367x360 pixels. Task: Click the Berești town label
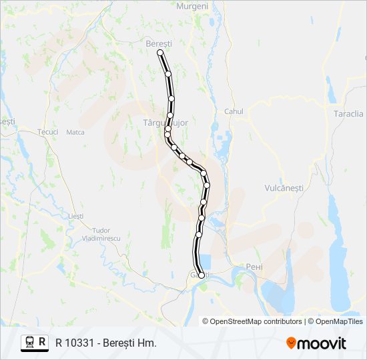pyautogui.click(x=159, y=43)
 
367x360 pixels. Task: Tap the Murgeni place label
pyautogui.click(x=192, y=6)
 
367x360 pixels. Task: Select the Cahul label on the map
pyautogui.click(x=234, y=111)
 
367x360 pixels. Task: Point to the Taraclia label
pyautogui.click(x=348, y=113)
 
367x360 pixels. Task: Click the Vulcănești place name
pyautogui.click(x=284, y=188)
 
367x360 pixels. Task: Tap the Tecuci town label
pyautogui.click(x=48, y=132)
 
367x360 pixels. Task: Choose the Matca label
pyautogui.click(x=75, y=132)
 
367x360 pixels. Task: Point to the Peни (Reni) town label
pyautogui.click(x=254, y=267)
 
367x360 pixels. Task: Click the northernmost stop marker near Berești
pyautogui.click(x=160, y=52)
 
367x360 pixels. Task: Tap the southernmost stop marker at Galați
pyautogui.click(x=202, y=275)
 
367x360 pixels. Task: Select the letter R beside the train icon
pyautogui.click(x=43, y=343)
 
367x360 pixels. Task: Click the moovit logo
pyautogui.click(x=316, y=343)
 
